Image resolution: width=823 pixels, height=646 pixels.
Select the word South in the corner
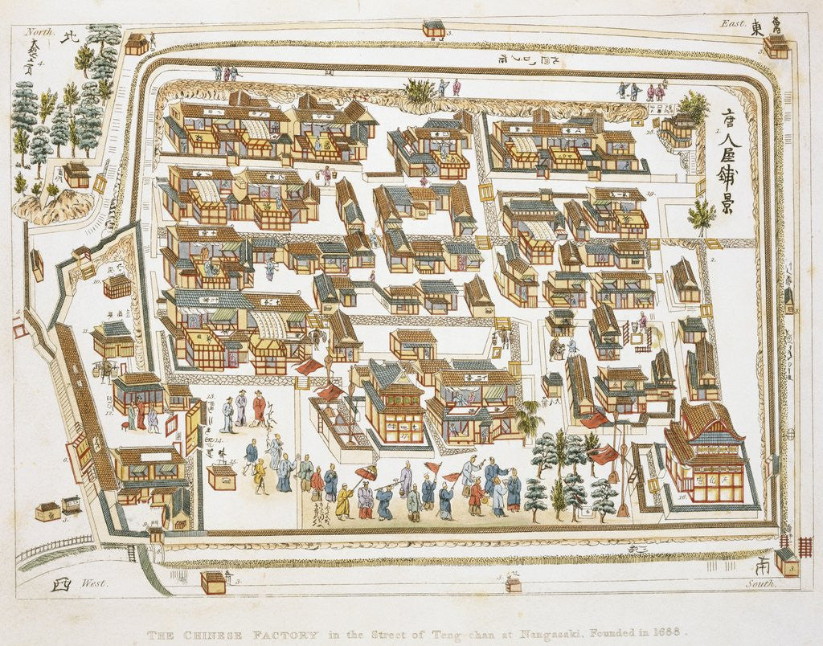(x=760, y=584)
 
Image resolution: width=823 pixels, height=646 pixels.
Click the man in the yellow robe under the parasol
(x=344, y=501)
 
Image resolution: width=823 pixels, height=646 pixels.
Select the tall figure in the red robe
(x=259, y=407)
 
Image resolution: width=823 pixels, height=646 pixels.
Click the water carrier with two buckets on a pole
(x=104, y=368)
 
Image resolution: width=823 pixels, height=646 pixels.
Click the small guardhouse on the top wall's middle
(x=434, y=28)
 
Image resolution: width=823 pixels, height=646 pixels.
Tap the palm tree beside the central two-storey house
(x=529, y=419)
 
